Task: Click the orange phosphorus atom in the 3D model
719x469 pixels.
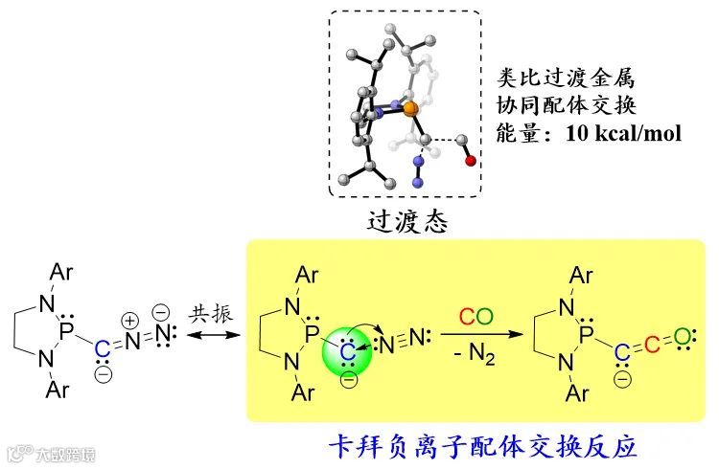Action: (x=409, y=111)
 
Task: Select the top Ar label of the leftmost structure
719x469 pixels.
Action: (x=60, y=274)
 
